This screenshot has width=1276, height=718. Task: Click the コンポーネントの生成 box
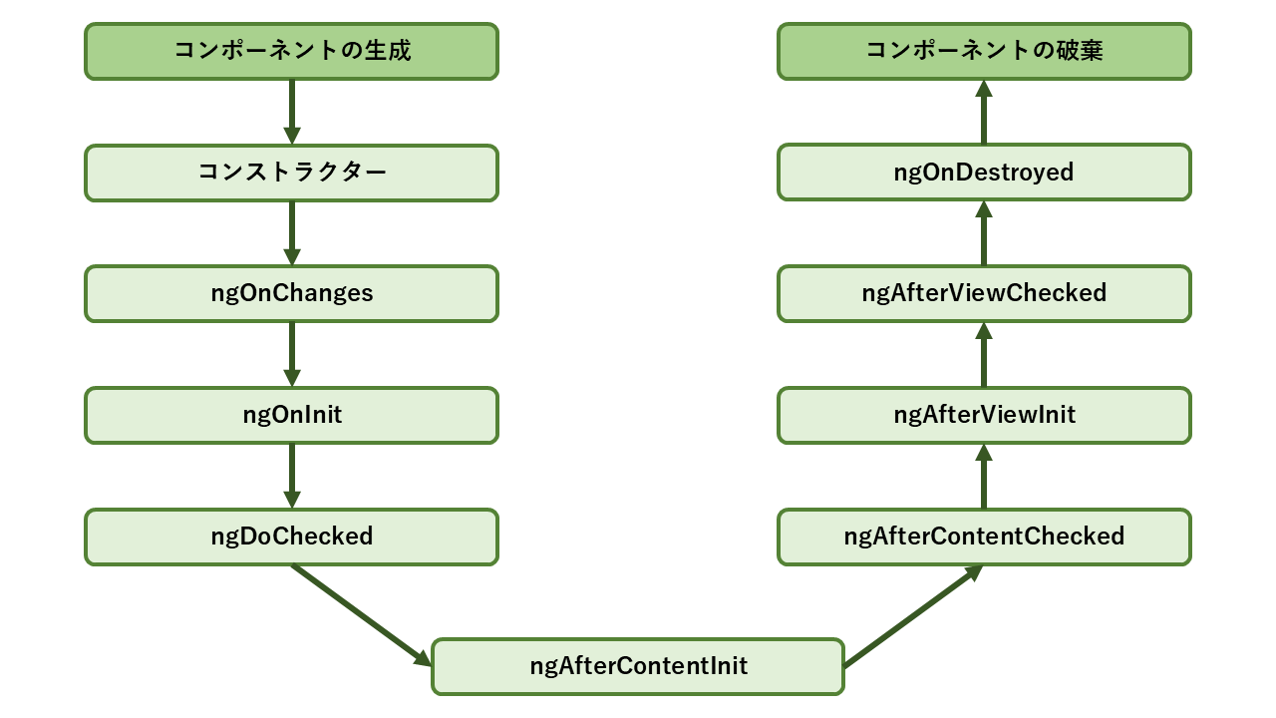(291, 51)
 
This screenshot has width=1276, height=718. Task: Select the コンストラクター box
(291, 173)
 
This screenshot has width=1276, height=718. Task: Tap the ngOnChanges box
(291, 293)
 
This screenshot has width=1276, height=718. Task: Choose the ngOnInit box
(291, 415)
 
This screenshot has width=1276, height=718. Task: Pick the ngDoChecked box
(291, 537)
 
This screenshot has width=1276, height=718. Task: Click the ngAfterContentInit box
(638, 666)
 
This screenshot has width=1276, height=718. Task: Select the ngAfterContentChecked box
(984, 537)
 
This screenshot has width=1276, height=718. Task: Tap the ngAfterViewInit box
(984, 415)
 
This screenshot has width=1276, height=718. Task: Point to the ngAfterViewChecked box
(984, 293)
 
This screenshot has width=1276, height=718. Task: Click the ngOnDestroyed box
(984, 173)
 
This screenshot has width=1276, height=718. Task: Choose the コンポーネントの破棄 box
(984, 51)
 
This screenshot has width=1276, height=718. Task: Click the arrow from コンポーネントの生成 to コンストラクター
(292, 112)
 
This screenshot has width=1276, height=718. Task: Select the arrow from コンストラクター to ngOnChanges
(292, 233)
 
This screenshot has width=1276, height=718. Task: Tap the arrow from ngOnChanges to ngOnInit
(292, 354)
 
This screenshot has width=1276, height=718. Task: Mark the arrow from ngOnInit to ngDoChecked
(292, 476)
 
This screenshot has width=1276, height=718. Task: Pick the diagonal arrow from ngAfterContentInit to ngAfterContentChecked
(913, 616)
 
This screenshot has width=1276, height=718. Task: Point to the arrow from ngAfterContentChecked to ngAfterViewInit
(984, 477)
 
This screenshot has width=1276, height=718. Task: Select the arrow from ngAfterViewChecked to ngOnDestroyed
(984, 233)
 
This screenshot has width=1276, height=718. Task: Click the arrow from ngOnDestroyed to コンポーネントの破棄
(984, 112)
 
